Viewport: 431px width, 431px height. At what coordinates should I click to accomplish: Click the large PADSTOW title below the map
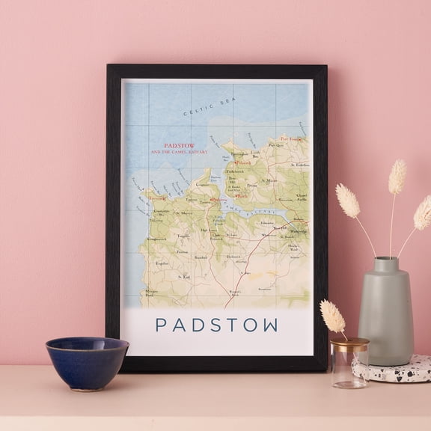pos(216,325)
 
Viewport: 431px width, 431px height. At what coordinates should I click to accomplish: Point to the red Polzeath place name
pos(242,163)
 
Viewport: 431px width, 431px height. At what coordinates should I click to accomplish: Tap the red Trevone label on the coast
pos(156,198)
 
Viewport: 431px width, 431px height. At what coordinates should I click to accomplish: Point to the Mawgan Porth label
pos(152,293)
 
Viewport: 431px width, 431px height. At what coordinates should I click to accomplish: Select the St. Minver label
pos(270,180)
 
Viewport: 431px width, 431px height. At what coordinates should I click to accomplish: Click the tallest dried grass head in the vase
pos(397,177)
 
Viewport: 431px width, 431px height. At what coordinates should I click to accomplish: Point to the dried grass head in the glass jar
pos(332,315)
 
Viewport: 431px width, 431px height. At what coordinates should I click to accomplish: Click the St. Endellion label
pos(297,165)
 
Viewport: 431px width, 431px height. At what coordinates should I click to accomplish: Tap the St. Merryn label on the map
pos(183,213)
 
